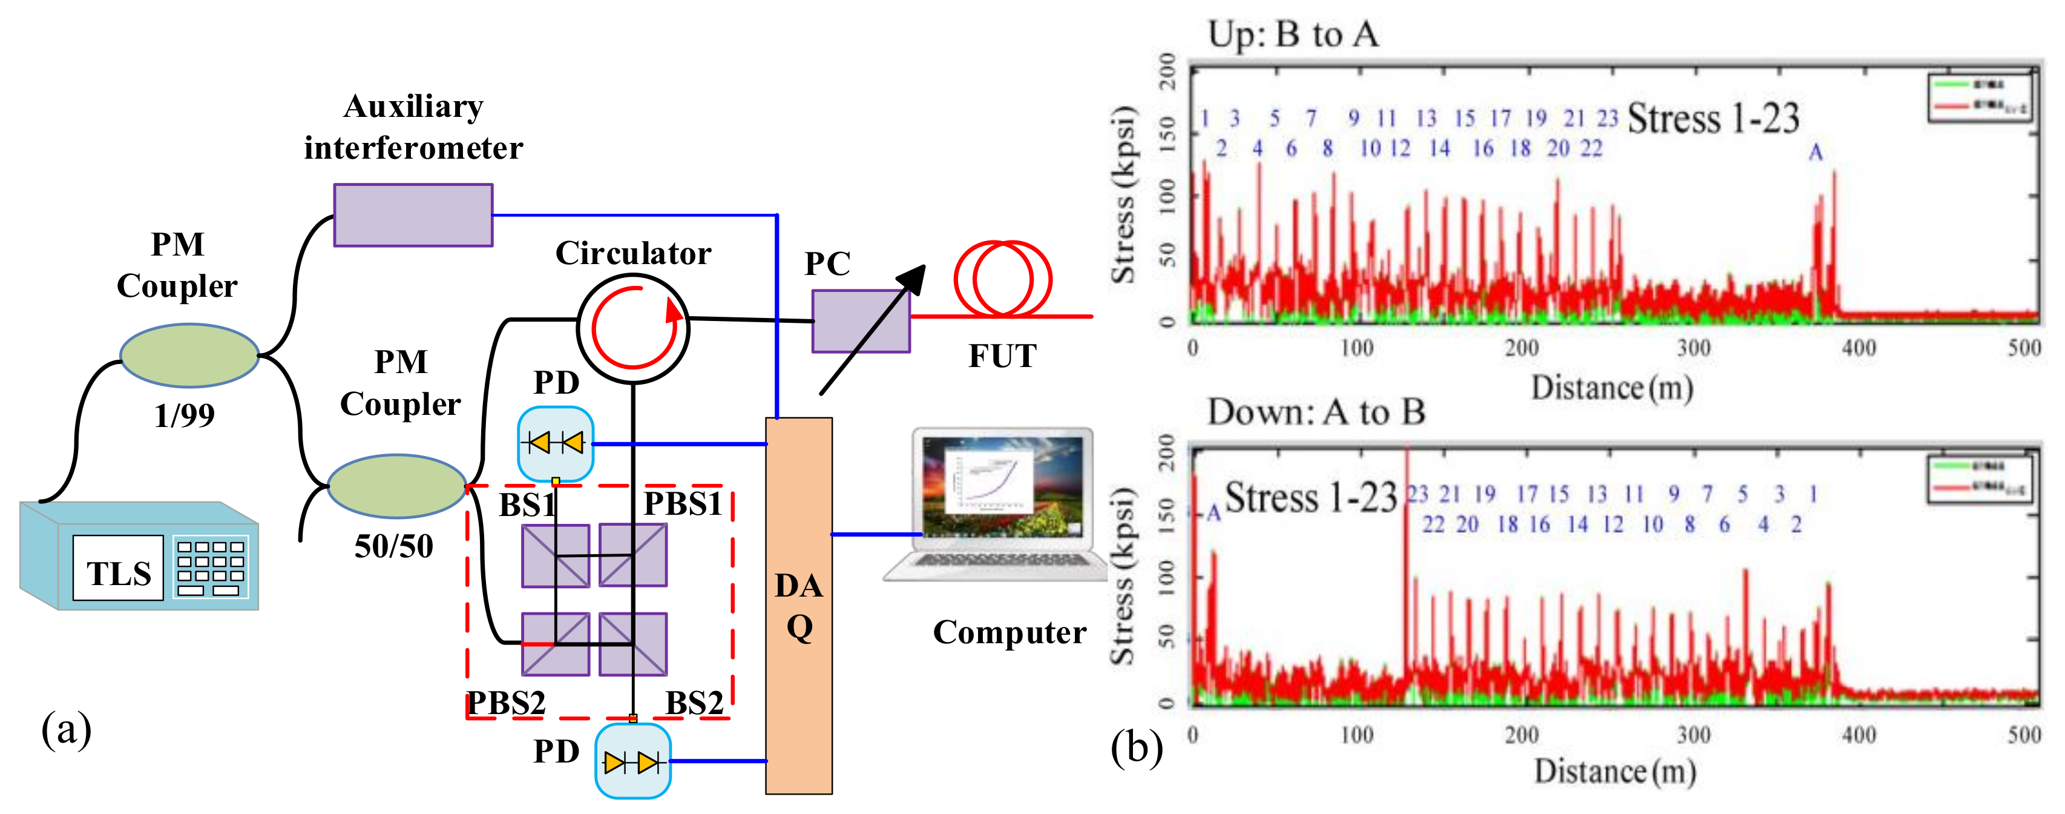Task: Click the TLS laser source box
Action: click(139, 557)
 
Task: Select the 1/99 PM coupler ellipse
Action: click(189, 356)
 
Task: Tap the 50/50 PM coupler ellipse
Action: click(397, 486)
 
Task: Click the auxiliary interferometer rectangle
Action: click(413, 215)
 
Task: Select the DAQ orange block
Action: click(798, 606)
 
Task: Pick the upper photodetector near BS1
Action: click(556, 443)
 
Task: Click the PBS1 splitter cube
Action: click(633, 555)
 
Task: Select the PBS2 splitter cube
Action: click(556, 644)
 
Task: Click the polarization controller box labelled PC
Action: click(860, 321)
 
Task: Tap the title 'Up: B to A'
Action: click(1293, 35)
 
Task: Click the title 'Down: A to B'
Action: click(1316, 412)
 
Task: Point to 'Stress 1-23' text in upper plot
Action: click(1713, 119)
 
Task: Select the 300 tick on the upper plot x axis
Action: click(1693, 348)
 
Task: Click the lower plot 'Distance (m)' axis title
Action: click(1615, 772)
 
